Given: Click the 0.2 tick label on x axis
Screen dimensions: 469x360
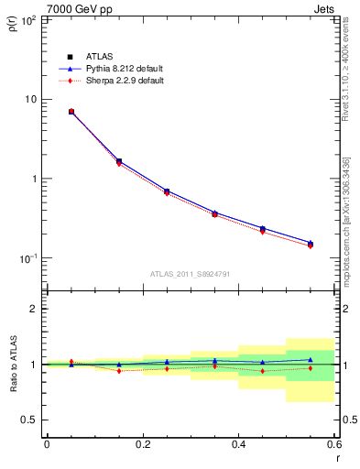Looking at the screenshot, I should tap(142, 444).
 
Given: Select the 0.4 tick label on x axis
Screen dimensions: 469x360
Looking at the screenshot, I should tap(238, 444).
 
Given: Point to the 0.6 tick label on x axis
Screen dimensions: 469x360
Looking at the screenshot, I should tap(333, 444).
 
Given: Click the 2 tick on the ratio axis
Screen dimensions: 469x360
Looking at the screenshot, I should tap(35, 309).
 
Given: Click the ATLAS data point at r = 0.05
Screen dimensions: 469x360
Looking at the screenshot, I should tap(71, 112).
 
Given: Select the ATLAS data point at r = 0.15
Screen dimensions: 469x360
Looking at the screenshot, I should tap(118, 161).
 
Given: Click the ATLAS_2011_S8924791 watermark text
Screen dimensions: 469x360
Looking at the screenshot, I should tap(190, 274).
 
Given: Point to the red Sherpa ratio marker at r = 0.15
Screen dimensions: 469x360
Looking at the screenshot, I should tap(118, 371).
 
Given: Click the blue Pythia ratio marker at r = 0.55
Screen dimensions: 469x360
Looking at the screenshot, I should tap(311, 360).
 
